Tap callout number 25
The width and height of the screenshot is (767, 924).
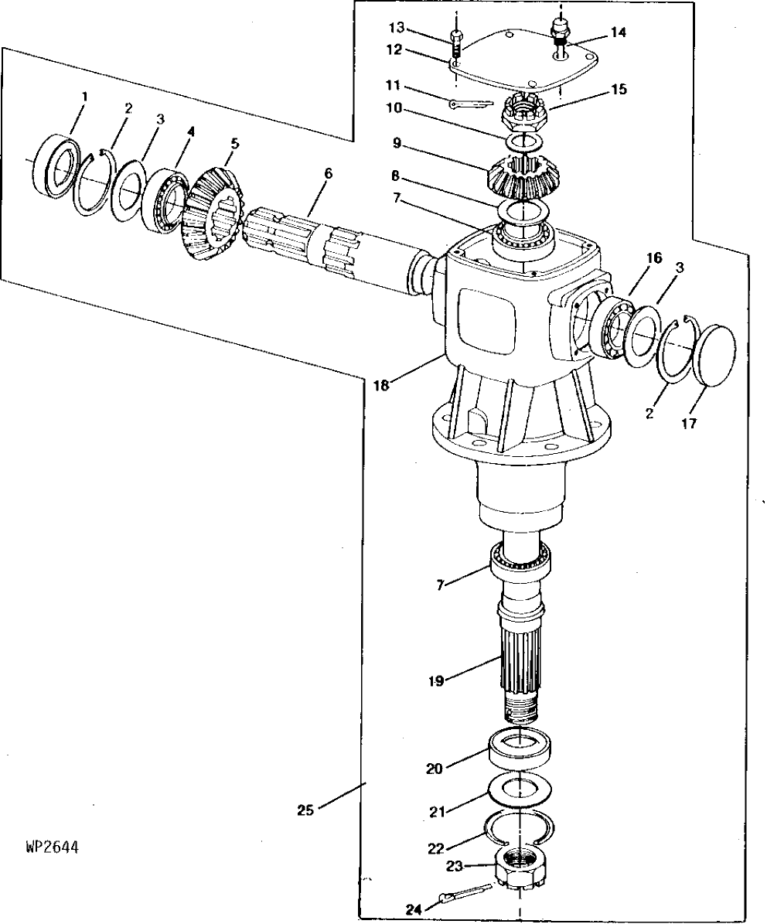point(305,810)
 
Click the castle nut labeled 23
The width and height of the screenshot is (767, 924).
point(521,865)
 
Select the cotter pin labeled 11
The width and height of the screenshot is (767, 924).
point(469,104)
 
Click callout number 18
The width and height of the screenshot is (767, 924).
point(382,385)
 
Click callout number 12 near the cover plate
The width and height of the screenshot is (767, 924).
point(394,50)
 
